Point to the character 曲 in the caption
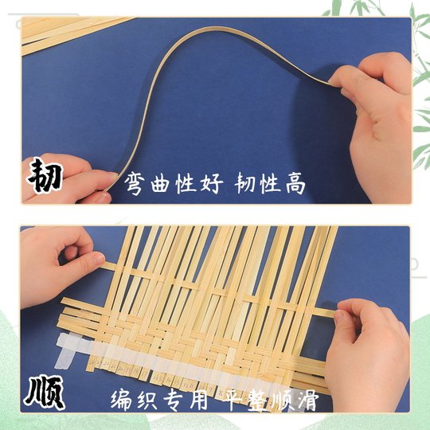click(x=159, y=184)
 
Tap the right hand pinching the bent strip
click(x=377, y=111)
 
